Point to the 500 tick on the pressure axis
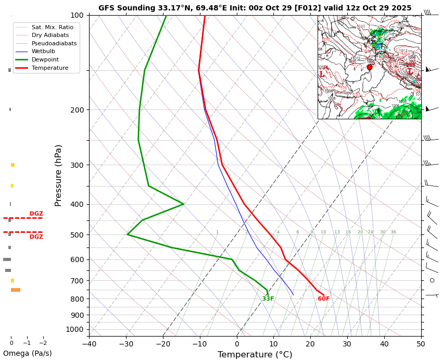coord(77,235)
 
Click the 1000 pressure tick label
coord(74,329)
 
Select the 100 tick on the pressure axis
coord(77,15)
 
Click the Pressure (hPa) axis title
coord(58,175)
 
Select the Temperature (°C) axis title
coord(255,355)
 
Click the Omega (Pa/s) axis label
coord(27,353)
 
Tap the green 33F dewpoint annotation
coord(268,299)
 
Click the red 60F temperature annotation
coord(323,299)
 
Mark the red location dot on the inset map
coord(370,67)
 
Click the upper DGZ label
coord(36,214)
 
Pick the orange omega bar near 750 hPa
coord(16,290)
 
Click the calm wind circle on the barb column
coord(432,280)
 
